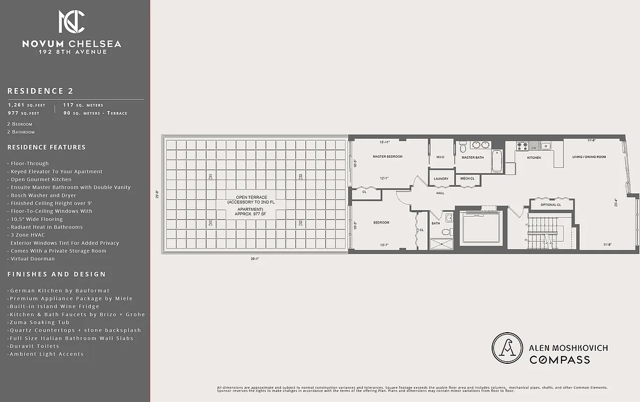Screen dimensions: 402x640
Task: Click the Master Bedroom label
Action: click(x=387, y=157)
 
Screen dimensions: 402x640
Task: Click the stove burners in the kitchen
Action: click(x=522, y=146)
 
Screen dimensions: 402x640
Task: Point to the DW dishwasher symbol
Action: click(x=534, y=148)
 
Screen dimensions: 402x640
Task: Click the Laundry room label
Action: click(x=441, y=178)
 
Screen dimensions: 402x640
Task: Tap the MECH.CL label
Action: click(x=468, y=178)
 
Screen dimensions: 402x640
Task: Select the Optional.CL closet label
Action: click(x=551, y=205)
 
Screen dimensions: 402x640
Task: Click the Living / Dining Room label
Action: click(x=589, y=157)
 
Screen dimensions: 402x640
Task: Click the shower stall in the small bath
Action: click(x=441, y=244)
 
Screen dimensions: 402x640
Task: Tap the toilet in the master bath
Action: click(x=463, y=146)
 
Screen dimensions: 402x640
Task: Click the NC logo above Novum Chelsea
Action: click(x=71, y=22)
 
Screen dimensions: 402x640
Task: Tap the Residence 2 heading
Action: click(x=40, y=91)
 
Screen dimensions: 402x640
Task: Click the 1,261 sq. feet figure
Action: click(x=26, y=106)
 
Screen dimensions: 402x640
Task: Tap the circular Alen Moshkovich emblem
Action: click(x=506, y=348)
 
